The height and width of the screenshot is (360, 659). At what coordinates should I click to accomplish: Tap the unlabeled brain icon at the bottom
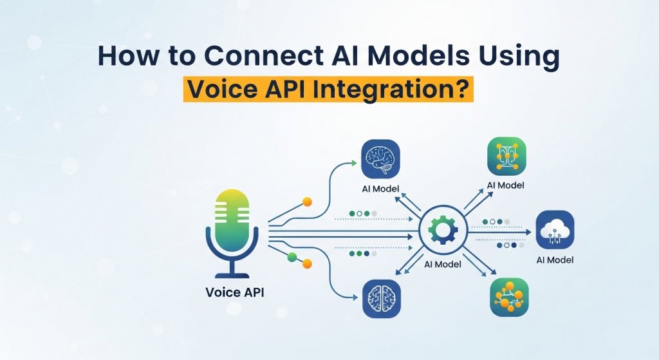382,299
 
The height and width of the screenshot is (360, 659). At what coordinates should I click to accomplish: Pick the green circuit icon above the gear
507,156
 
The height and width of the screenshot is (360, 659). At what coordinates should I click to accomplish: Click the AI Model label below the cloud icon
555,260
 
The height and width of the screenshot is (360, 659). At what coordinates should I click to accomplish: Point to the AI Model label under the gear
443,264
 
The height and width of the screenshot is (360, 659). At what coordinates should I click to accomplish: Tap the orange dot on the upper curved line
307,202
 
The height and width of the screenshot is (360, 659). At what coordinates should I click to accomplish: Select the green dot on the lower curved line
293,257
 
